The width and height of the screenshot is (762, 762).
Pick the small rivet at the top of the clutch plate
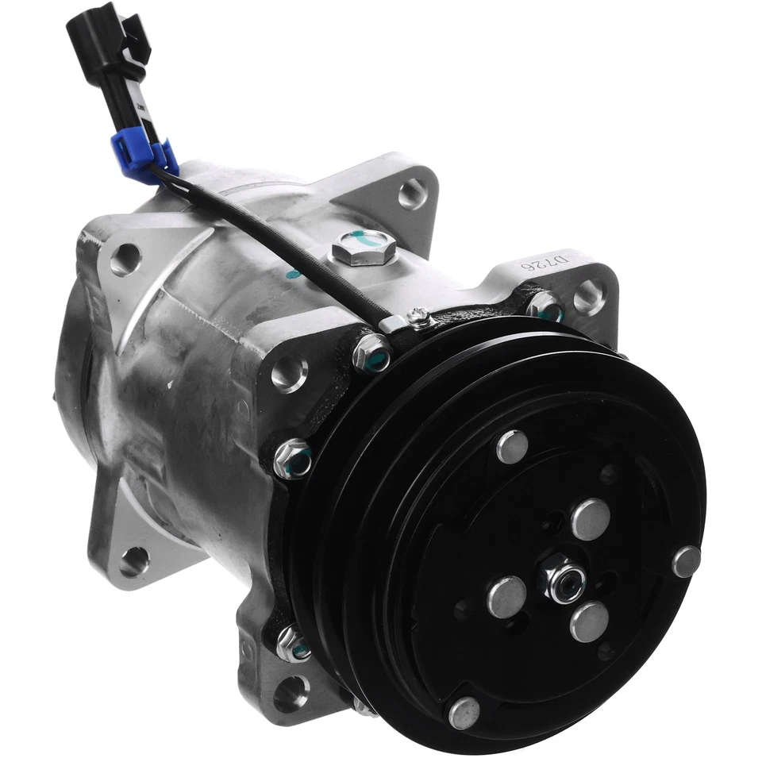[x=512, y=447]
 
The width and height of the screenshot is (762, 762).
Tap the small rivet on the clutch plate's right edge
[x=686, y=561]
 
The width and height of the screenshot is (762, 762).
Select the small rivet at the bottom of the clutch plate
[x=464, y=712]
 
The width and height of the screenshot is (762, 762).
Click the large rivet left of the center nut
[x=506, y=596]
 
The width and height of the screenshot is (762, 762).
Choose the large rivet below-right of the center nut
[x=589, y=622]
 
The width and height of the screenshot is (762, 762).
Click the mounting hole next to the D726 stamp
[x=588, y=296]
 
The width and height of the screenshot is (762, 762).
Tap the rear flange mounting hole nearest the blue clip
[x=125, y=259]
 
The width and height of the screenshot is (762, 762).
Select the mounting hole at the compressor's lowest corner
[x=291, y=693]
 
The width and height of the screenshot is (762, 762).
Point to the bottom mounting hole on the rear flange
[x=133, y=561]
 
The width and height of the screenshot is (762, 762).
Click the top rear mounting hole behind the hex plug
[x=412, y=193]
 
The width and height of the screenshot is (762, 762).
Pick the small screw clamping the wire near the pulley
[x=419, y=319]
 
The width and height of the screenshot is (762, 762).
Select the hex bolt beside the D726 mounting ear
[x=545, y=306]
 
